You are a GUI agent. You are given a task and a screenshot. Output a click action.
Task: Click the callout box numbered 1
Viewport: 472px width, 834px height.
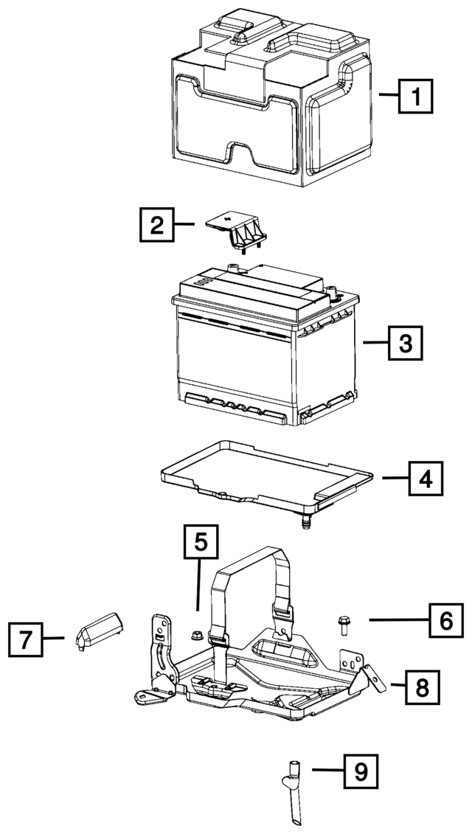[x=416, y=97]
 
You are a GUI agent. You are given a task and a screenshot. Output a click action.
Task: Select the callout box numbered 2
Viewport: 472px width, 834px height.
[x=157, y=225]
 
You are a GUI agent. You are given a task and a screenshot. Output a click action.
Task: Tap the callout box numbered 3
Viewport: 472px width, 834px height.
[x=406, y=343]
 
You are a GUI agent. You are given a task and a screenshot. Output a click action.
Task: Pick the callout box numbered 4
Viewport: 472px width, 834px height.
[x=426, y=478]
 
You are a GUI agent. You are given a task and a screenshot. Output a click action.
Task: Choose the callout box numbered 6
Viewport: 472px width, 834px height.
[x=446, y=619]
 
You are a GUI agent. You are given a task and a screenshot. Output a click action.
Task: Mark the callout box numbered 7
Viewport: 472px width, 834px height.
[x=26, y=640]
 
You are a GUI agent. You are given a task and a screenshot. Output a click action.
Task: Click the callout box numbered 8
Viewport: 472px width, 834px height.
[x=422, y=687]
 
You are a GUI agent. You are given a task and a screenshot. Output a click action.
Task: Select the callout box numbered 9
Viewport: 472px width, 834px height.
[x=360, y=771]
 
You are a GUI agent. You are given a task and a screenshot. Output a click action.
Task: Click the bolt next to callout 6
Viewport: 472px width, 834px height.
[x=343, y=624]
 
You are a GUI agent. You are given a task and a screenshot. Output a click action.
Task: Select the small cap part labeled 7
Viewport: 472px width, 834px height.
[x=100, y=630]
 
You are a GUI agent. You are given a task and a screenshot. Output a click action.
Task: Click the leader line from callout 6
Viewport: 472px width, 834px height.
[x=399, y=619]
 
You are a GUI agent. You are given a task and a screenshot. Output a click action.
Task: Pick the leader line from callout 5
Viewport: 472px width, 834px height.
[x=199, y=585]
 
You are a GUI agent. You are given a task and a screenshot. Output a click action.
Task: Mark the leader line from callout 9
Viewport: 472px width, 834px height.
[x=327, y=769]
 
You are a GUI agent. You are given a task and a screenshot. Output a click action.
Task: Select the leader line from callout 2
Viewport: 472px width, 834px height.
[x=184, y=224]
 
